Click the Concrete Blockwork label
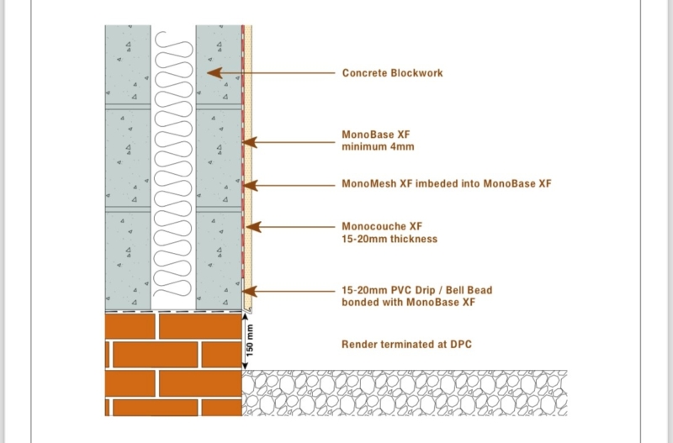pyautogui.click(x=392, y=73)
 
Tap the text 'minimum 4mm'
pyautogui.click(x=377, y=147)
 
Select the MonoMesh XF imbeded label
pyautogui.click(x=446, y=183)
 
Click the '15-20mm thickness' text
pyautogui.click(x=389, y=239)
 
